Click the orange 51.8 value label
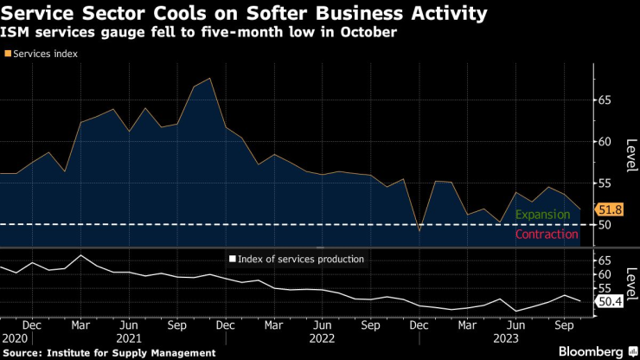pos(611,209)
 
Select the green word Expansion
pos(542,215)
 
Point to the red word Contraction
pos(546,235)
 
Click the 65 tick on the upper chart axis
pos(604,100)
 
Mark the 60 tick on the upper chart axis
pos(604,142)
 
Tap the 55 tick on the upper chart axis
pos(604,183)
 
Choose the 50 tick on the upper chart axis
pos(604,225)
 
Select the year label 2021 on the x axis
pos(129,338)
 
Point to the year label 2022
pos(322,338)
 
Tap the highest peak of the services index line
pos(209,79)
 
